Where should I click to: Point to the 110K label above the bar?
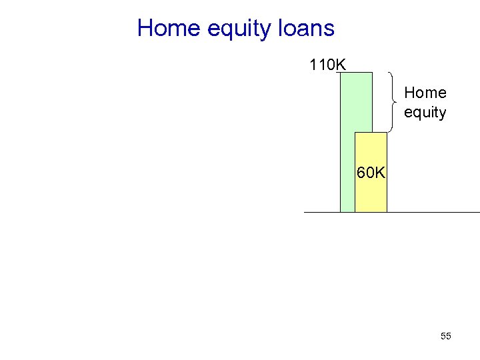click(x=327, y=65)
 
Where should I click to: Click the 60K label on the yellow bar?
click(x=371, y=173)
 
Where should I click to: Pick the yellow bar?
click(x=371, y=193)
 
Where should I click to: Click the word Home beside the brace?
click(x=425, y=93)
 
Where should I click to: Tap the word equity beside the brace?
click(x=425, y=112)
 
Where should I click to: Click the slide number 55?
click(x=446, y=336)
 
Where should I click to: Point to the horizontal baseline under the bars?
click(x=433, y=212)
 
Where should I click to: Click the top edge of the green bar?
click(x=356, y=73)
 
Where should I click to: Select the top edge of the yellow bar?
click(x=371, y=133)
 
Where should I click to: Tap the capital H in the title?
click(x=144, y=29)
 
